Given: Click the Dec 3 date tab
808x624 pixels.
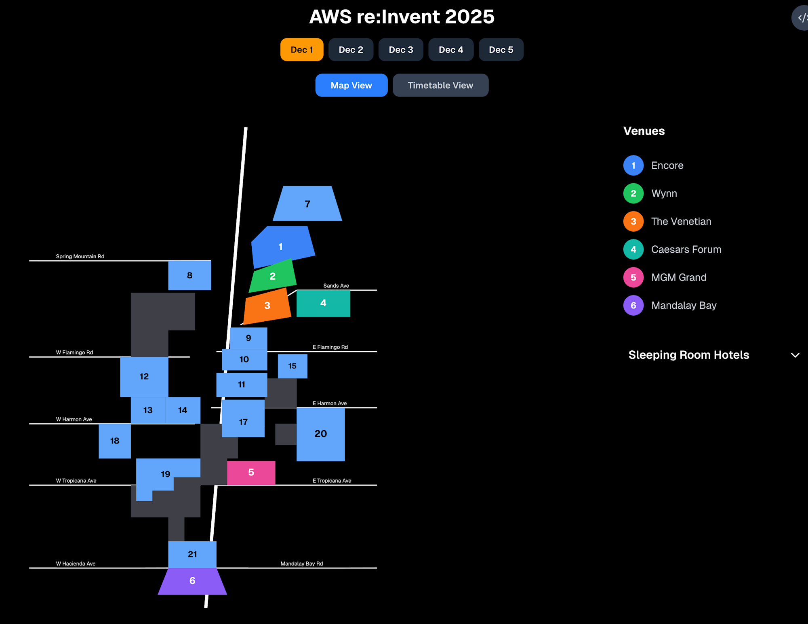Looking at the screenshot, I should pyautogui.click(x=401, y=50).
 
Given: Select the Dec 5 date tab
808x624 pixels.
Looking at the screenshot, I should pyautogui.click(x=501, y=50).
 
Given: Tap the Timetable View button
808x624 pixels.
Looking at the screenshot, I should pyautogui.click(x=440, y=85).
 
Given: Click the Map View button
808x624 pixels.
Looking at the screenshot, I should pyautogui.click(x=351, y=85).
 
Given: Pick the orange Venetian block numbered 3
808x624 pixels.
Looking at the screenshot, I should pyautogui.click(x=267, y=306).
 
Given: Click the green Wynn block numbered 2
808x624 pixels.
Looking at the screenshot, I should pyautogui.click(x=273, y=276).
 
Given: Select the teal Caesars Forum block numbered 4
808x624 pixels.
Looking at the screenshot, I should pyautogui.click(x=323, y=303).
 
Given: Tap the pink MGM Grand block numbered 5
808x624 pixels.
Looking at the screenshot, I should pyautogui.click(x=251, y=473).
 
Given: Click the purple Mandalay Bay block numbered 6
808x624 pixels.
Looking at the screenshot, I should pyautogui.click(x=192, y=581).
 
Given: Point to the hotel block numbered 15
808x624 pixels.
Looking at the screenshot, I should pyautogui.click(x=292, y=366).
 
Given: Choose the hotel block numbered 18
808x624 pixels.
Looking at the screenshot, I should pyautogui.click(x=115, y=441).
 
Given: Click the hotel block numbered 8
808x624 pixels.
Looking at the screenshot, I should pyautogui.click(x=189, y=275).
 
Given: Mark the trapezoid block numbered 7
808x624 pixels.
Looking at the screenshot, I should pyautogui.click(x=307, y=204).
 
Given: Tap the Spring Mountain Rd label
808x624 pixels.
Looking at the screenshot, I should pyautogui.click(x=80, y=256).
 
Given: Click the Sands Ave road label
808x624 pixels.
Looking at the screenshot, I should pyautogui.click(x=336, y=286).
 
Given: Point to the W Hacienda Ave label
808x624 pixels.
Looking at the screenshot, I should pyautogui.click(x=76, y=564).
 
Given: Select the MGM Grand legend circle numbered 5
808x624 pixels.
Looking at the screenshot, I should pyautogui.click(x=633, y=278).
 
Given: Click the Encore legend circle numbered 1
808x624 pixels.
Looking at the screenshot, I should pyautogui.click(x=633, y=165).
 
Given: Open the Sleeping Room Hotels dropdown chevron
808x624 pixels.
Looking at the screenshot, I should pyautogui.click(x=795, y=355).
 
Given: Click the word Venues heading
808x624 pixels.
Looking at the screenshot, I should pyautogui.click(x=644, y=131).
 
